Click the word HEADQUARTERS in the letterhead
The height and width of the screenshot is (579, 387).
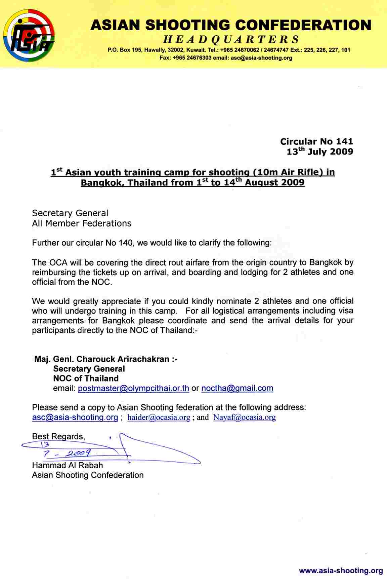pyautogui.click(x=231, y=40)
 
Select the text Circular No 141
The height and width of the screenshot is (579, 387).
pyautogui.click(x=316, y=142)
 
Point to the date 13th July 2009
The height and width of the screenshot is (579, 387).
pyautogui.click(x=319, y=152)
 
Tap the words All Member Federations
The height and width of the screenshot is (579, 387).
pyautogui.click(x=82, y=223)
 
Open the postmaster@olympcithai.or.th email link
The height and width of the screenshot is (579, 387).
pyautogui.click(x=133, y=388)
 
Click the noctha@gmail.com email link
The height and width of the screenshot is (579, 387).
pyautogui.click(x=237, y=388)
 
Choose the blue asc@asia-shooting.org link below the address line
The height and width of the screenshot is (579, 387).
pyautogui.click(x=75, y=418)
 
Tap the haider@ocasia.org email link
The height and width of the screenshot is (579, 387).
pyautogui.click(x=159, y=418)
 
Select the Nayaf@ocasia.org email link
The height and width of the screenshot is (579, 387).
pyautogui.click(x=244, y=418)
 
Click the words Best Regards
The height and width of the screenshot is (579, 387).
pyautogui.click(x=58, y=436)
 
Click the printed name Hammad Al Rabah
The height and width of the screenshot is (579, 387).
pyautogui.click(x=68, y=465)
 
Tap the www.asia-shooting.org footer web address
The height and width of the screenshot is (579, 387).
pyautogui.click(x=341, y=571)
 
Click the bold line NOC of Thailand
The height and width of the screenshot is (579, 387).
pyautogui.click(x=86, y=378)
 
